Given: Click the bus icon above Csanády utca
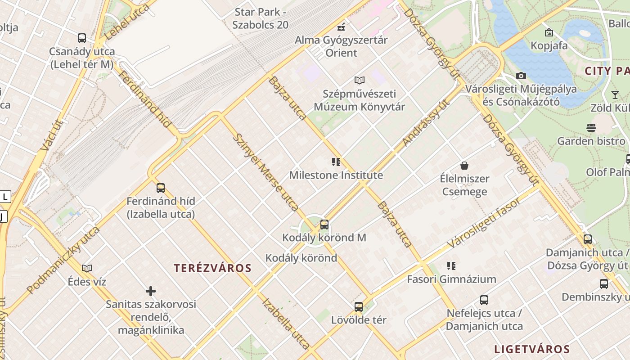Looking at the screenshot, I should (x=81, y=38).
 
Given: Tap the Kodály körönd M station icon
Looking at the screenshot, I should (x=324, y=224).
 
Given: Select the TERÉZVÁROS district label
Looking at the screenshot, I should (x=212, y=268).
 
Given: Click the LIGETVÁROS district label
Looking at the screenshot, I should (x=532, y=349).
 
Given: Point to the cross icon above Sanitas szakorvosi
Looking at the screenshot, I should (x=151, y=291).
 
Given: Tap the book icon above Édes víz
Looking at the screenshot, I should (x=87, y=268).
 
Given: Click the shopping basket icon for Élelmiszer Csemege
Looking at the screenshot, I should (x=464, y=166).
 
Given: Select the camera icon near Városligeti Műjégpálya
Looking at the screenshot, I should (x=521, y=76).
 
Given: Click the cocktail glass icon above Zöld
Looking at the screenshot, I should (x=615, y=94).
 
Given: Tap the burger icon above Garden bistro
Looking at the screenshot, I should (x=591, y=128).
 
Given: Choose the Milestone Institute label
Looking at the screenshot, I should (x=336, y=175).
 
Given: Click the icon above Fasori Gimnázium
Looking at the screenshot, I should (x=451, y=266).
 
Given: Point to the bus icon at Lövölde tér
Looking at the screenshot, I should (x=359, y=307).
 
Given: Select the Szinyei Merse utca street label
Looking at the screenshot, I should (x=266, y=172).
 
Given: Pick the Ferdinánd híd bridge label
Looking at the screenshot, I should (x=143, y=99).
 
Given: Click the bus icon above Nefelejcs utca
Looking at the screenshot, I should (x=484, y=300).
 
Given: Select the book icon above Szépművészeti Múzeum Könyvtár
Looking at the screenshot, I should (x=359, y=81).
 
